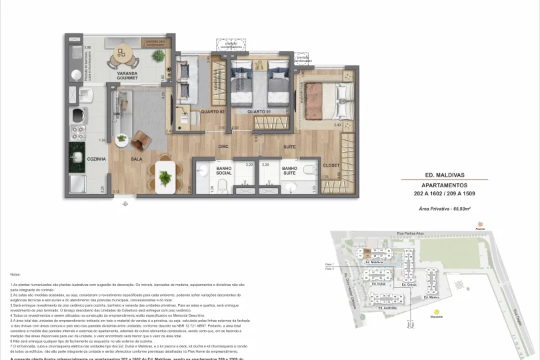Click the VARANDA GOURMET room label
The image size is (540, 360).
(x=127, y=75)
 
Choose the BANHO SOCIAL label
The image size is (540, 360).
(x=223, y=172)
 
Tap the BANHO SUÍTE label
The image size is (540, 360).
(x=289, y=172)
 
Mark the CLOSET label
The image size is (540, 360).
(x=331, y=165)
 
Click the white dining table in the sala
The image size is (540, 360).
(x=165, y=174)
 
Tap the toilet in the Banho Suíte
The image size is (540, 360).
(x=308, y=171)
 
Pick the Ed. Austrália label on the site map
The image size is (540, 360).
(x=388, y=308)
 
